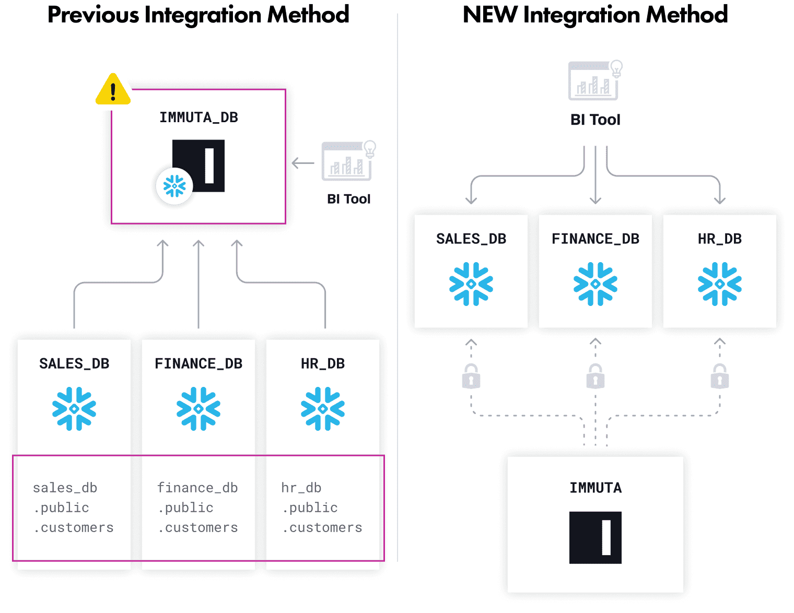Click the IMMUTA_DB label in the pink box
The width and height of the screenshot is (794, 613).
(x=198, y=117)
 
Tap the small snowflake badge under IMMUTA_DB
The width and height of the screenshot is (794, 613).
(x=174, y=186)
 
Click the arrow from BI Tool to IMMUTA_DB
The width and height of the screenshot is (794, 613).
(x=303, y=163)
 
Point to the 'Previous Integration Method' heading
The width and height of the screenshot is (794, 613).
(x=198, y=15)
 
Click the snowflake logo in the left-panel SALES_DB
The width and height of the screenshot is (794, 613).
(x=74, y=408)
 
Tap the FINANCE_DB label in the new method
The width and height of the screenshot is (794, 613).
(x=595, y=239)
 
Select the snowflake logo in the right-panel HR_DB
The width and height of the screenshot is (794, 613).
(x=719, y=284)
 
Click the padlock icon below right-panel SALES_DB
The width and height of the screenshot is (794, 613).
(x=471, y=376)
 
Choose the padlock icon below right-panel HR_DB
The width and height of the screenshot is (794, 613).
(x=719, y=376)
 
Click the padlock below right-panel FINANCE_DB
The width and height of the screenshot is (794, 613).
(x=595, y=376)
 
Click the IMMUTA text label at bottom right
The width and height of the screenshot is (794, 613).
(x=595, y=488)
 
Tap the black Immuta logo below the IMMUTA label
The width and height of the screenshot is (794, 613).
(x=595, y=537)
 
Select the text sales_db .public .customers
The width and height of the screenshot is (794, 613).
(x=73, y=508)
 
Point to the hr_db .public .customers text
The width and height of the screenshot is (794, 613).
(x=322, y=508)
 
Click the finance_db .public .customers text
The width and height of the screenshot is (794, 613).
(x=197, y=508)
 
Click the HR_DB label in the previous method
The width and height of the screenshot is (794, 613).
(x=323, y=363)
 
